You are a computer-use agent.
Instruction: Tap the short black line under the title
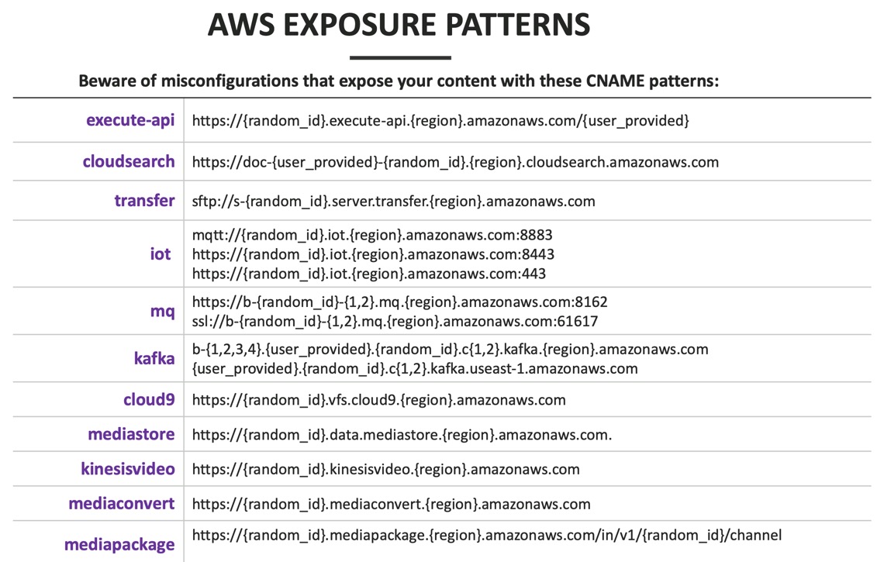pos(400,57)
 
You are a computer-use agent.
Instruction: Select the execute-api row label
pos(130,120)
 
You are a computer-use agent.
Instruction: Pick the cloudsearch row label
pos(129,161)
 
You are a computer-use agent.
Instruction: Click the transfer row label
pos(144,201)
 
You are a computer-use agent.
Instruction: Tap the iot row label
pos(161,253)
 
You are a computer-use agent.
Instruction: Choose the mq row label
pos(162,310)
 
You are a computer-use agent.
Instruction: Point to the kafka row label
pos(154,359)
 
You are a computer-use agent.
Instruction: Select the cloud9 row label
pos(149,400)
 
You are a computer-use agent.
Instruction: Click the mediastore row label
pos(131,434)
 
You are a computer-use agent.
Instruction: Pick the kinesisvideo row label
pos(128,469)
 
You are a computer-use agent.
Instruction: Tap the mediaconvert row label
pos(122,504)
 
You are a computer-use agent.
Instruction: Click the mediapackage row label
pos(119,544)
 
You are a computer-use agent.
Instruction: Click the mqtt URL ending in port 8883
pos(372,234)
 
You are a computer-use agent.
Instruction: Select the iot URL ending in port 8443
pos(373,253)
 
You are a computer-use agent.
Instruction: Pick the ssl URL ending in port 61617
pos(395,320)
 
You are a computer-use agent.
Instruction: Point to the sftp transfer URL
pos(393,202)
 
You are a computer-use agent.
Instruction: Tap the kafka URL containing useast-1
pos(415,369)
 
